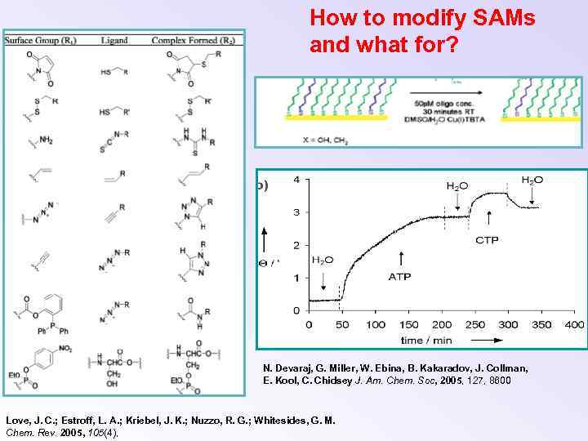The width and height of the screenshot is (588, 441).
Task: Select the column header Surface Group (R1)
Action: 41,40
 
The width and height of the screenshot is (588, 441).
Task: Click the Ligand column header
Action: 114,40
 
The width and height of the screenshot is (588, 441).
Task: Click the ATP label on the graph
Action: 400,278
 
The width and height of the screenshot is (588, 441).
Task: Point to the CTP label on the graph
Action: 488,240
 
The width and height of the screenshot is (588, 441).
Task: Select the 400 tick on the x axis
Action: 574,325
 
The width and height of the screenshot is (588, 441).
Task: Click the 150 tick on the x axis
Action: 408,325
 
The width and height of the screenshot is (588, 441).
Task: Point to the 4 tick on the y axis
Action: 296,180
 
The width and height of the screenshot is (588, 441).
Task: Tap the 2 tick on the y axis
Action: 296,245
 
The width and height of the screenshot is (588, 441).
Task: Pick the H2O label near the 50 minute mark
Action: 323,261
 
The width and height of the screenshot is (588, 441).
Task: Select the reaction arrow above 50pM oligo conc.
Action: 441,92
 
